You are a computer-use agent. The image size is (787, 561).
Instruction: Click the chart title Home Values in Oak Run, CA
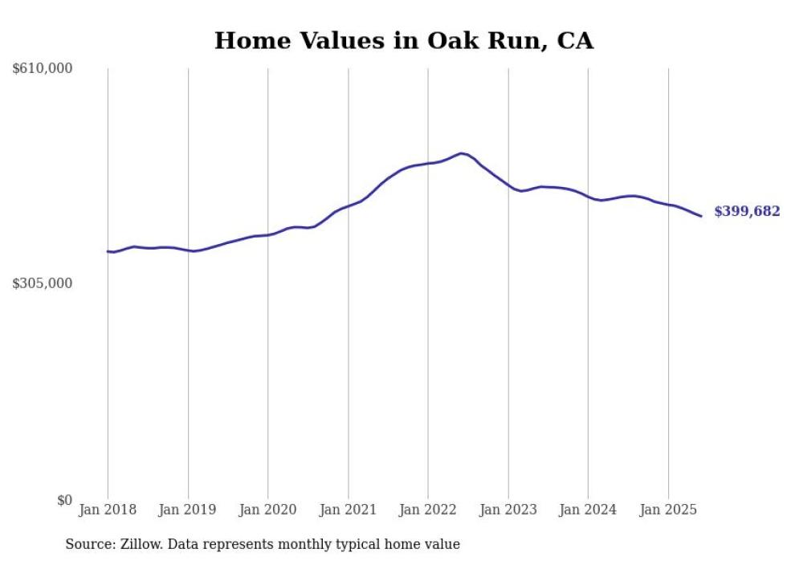point(404,41)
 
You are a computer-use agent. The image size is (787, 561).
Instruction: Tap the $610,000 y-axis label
point(43,69)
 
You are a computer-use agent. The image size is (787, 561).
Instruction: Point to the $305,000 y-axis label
point(43,283)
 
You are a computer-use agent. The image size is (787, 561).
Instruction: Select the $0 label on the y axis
point(64,500)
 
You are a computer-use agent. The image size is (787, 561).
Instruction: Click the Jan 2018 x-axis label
point(108,510)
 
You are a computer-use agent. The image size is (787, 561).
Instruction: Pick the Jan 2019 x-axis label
point(188,510)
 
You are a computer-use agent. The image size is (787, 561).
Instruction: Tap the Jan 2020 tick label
point(268,510)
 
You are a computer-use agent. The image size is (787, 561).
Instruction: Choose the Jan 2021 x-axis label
point(348,510)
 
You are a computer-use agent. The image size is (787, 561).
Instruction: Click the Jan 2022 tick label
point(428,510)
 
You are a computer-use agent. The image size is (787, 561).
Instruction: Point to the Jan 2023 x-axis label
point(508,510)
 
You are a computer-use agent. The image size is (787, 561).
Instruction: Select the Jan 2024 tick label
point(588,510)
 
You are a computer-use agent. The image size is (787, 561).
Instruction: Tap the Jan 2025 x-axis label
point(668,510)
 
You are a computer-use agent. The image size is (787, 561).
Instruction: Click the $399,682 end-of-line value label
point(747,212)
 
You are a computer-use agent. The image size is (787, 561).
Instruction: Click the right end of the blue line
point(701,216)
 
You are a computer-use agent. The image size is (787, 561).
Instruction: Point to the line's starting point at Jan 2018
point(108,251)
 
